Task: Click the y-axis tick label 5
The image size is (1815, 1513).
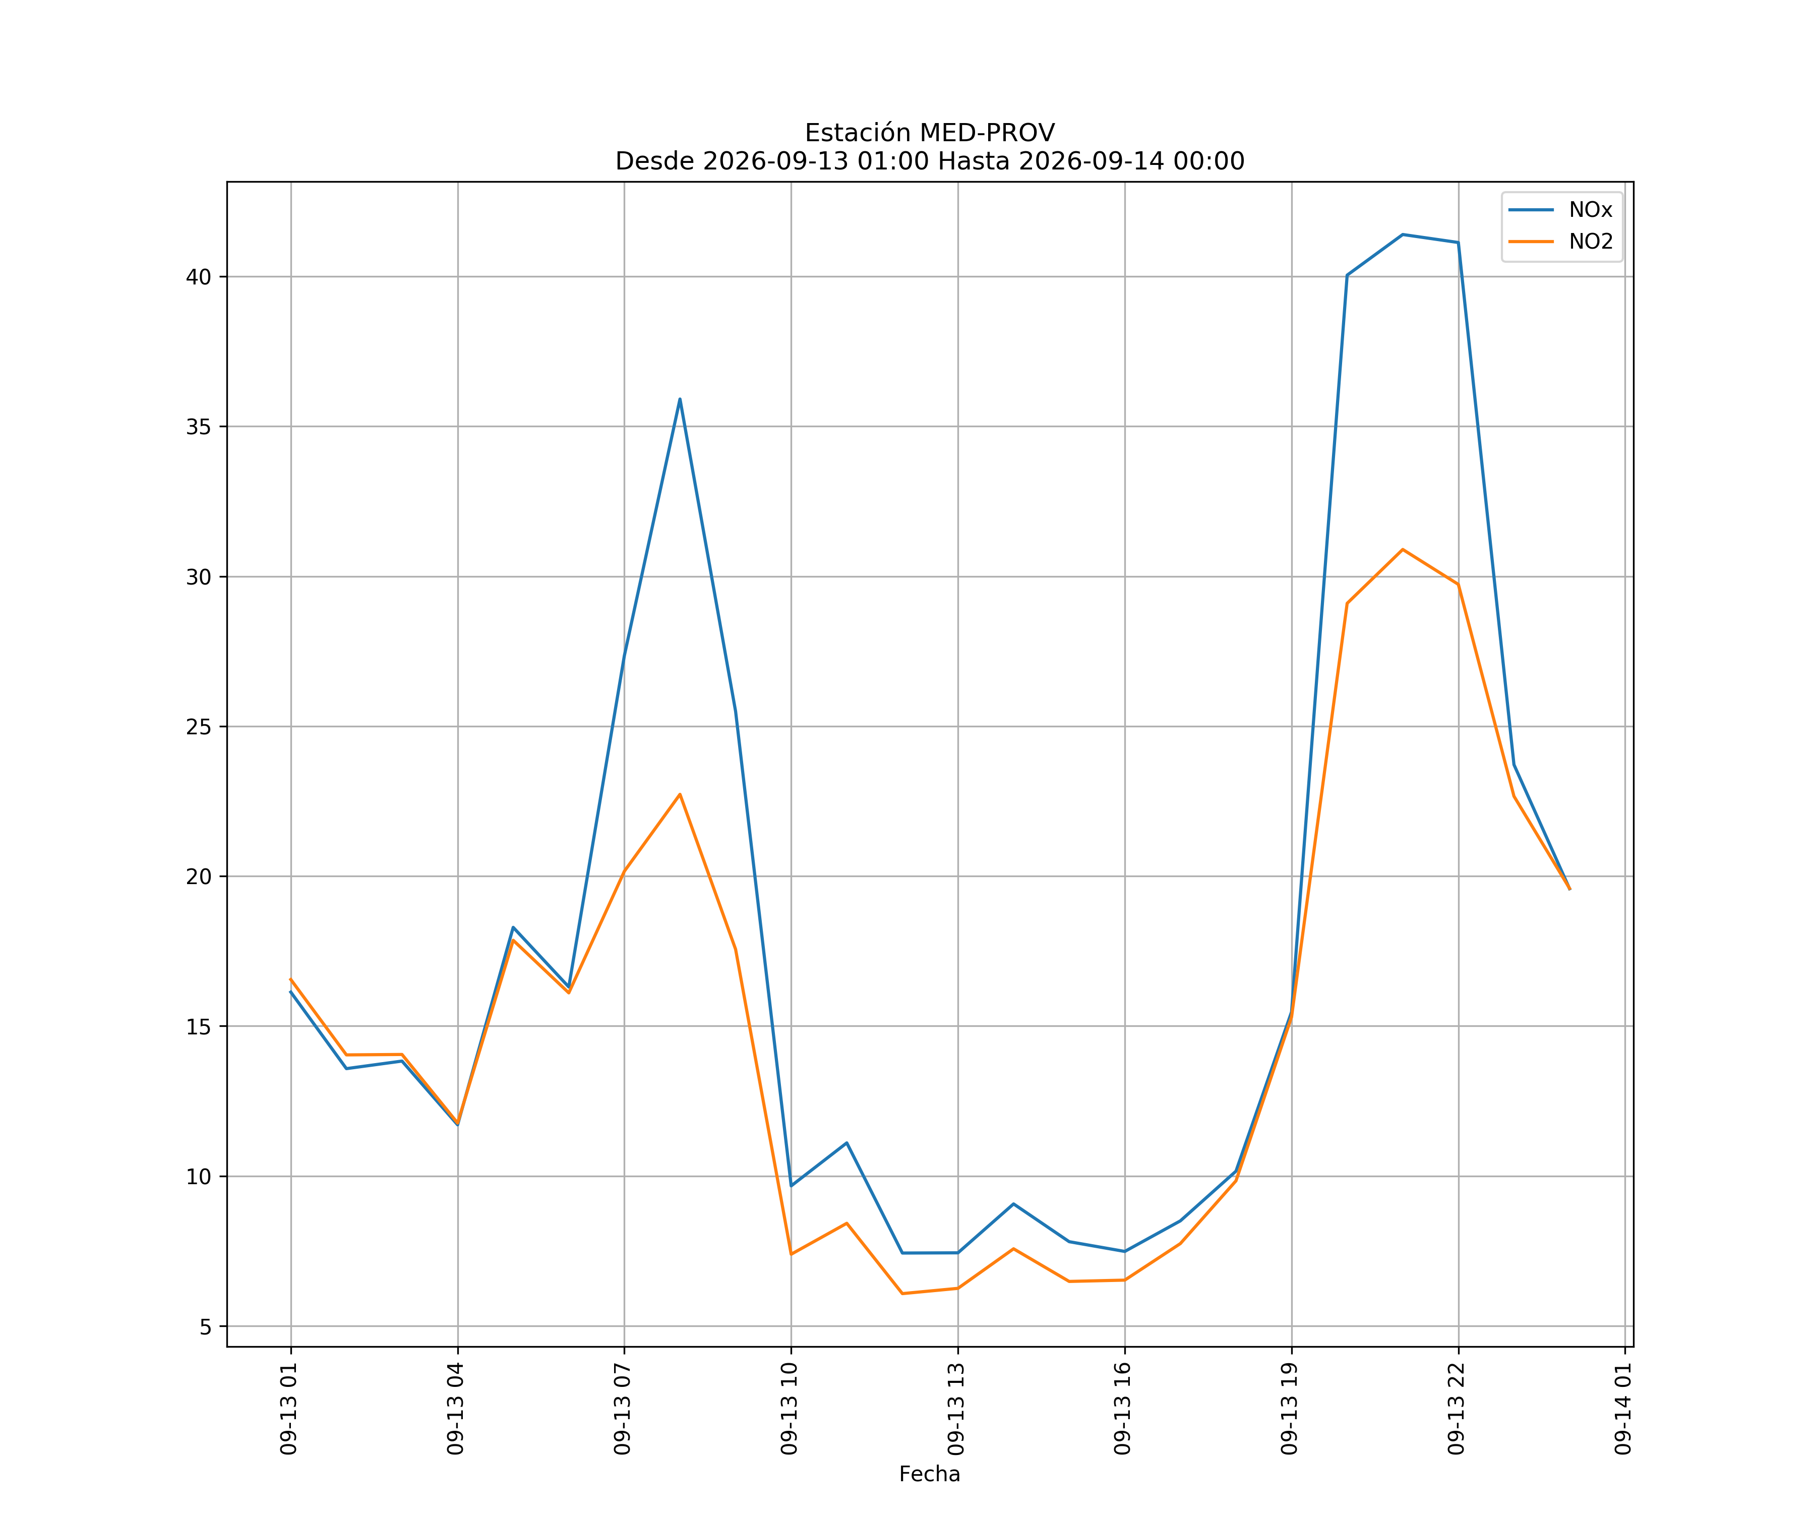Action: [206, 1327]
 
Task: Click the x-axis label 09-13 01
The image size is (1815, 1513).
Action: [289, 1409]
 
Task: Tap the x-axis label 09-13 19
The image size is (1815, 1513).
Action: [1290, 1409]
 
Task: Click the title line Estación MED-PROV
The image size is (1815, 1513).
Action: [930, 133]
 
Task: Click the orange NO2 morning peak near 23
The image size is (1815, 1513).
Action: [680, 794]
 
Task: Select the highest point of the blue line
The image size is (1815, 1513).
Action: [1403, 235]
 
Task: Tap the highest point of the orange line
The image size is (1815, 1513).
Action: [1403, 549]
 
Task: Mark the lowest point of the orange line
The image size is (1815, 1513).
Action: [902, 1294]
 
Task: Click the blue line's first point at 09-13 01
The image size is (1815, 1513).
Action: [290, 992]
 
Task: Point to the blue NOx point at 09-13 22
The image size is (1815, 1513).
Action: [1458, 243]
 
